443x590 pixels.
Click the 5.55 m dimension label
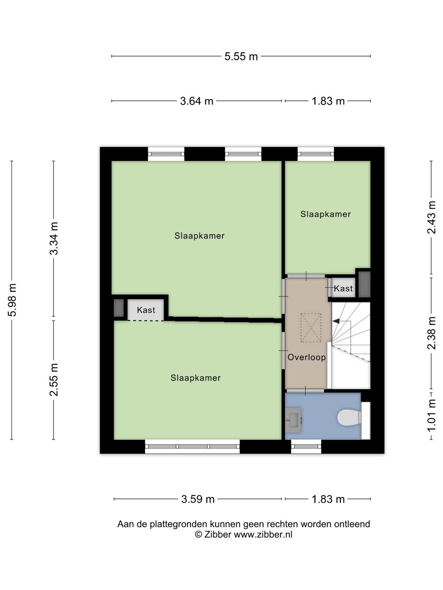tap(241, 56)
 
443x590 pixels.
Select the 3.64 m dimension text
tap(197, 101)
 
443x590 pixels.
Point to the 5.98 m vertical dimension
tap(13, 300)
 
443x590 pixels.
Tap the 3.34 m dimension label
tap(54, 238)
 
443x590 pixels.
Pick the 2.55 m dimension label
tap(54, 379)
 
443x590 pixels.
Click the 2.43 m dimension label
tap(432, 217)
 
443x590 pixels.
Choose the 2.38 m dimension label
tap(432, 333)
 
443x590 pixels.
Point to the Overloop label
tap(307, 357)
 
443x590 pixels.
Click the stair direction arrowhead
tap(336, 321)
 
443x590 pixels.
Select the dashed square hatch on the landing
tap(311, 328)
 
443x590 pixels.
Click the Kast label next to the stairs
tap(343, 288)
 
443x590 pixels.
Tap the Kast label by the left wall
tap(146, 310)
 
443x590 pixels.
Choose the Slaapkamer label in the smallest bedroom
tap(326, 214)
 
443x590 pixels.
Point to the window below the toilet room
tap(306, 447)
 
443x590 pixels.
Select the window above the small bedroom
tap(316, 154)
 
